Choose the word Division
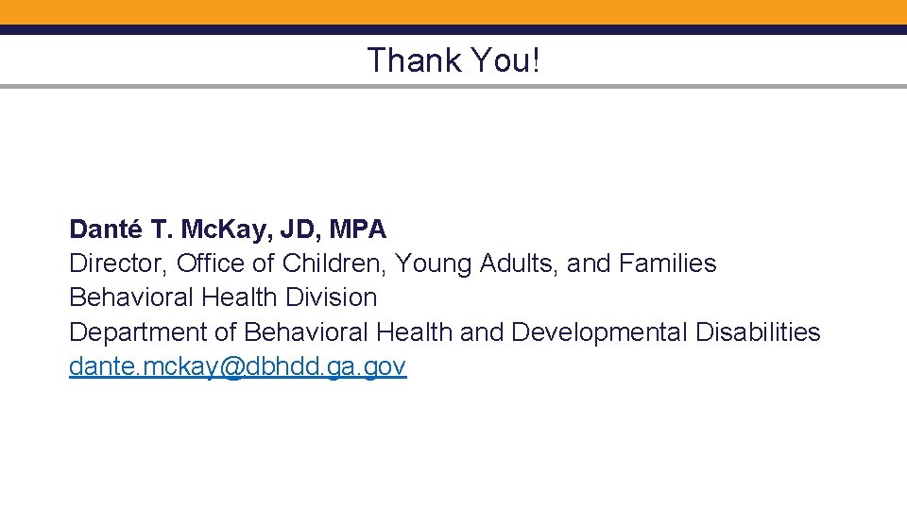coord(334,297)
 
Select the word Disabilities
coord(758,332)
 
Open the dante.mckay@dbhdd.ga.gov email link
coord(238,367)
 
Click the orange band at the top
coord(453,11)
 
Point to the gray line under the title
coord(453,86)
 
